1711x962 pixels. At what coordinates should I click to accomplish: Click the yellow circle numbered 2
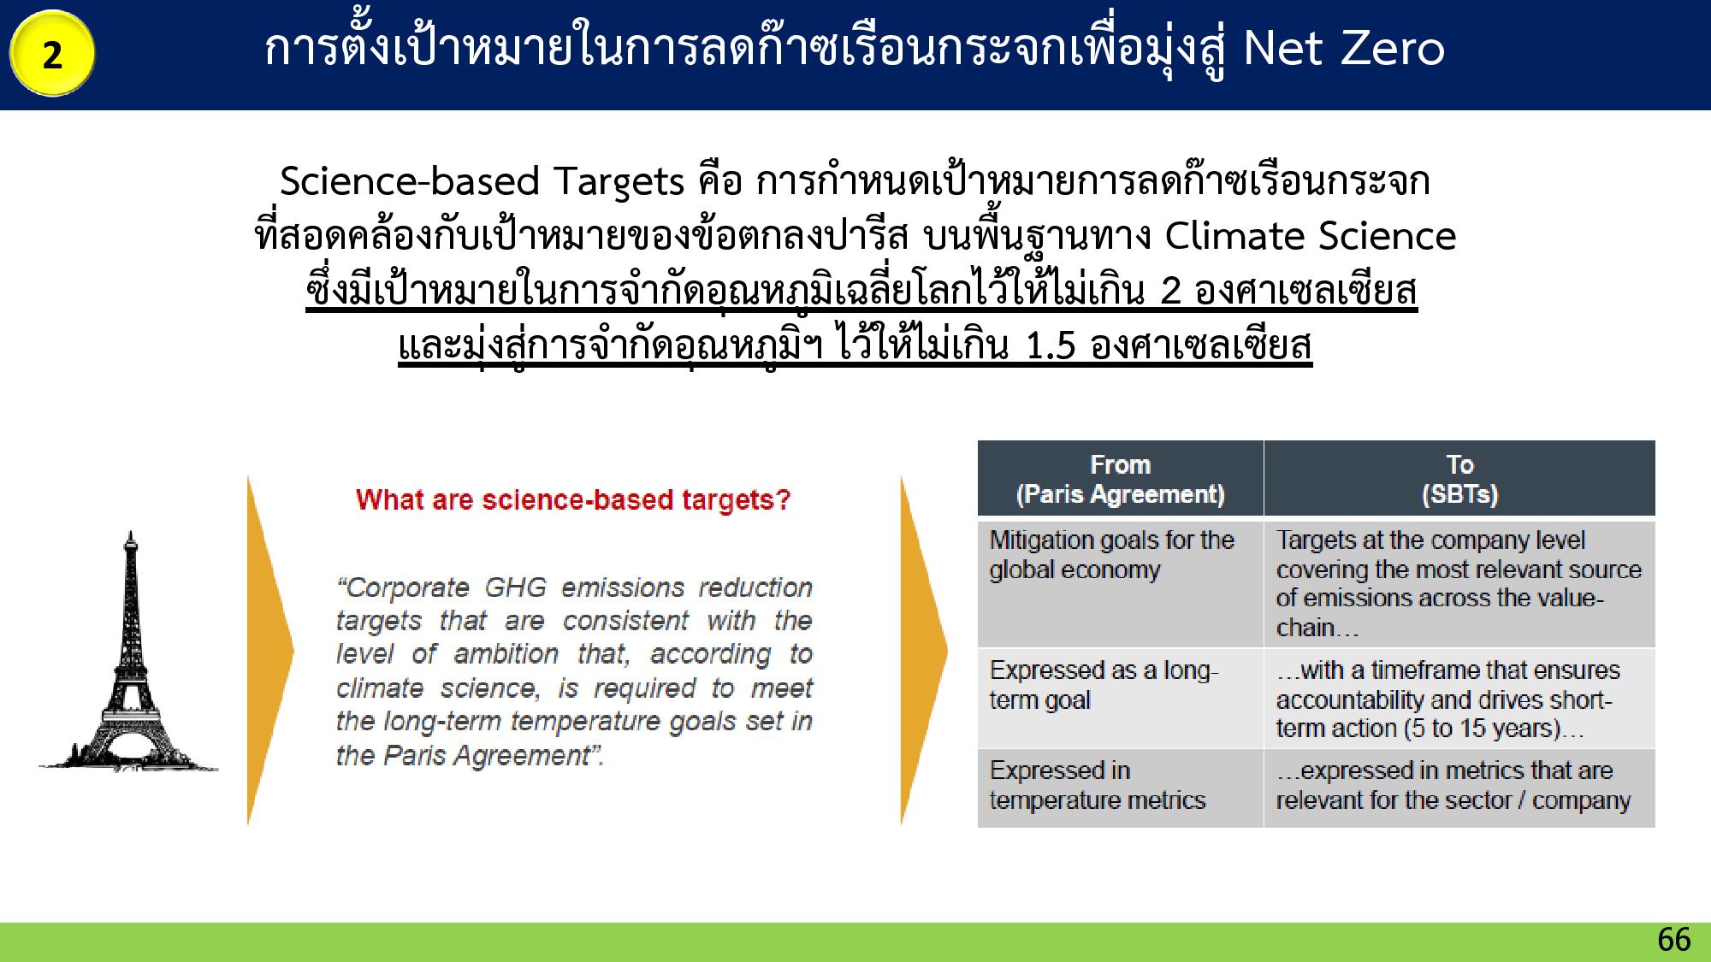[52, 54]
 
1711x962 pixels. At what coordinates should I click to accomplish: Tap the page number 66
[1673, 940]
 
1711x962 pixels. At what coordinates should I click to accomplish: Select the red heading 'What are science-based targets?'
[573, 499]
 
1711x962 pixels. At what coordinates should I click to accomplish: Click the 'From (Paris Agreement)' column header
[1120, 479]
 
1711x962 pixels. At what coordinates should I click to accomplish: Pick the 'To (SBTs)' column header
[1459, 479]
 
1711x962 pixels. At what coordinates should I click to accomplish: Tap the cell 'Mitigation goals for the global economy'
[1120, 583]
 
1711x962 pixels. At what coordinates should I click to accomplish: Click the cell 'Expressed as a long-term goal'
[1120, 698]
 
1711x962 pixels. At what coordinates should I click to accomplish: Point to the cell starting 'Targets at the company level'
[1459, 583]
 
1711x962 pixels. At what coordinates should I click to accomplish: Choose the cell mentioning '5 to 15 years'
[1459, 698]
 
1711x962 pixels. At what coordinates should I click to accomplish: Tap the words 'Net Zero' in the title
[1344, 48]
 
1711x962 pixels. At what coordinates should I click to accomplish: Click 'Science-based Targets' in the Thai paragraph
[483, 181]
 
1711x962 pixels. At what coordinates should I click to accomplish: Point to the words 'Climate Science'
[1311, 235]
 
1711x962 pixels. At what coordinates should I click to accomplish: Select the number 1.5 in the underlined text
[1049, 345]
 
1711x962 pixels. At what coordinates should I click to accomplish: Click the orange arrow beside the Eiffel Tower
[270, 650]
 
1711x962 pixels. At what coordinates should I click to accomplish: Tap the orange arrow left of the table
[924, 650]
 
